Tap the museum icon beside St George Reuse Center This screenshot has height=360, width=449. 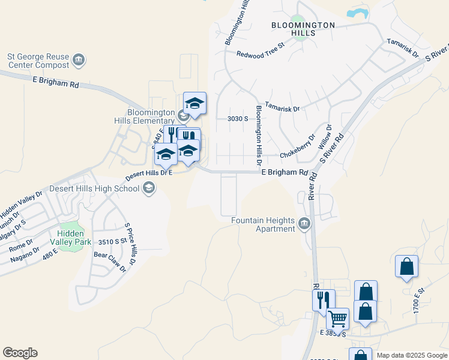pos(79,60)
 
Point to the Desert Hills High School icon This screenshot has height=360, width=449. pos(148,189)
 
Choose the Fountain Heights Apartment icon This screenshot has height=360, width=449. pos(304,224)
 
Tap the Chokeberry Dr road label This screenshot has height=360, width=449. pos(297,154)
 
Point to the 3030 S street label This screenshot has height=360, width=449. pos(238,119)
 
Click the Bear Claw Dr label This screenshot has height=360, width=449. pos(110,261)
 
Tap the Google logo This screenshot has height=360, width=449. pos(20,353)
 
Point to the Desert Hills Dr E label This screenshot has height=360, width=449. pos(148,175)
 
